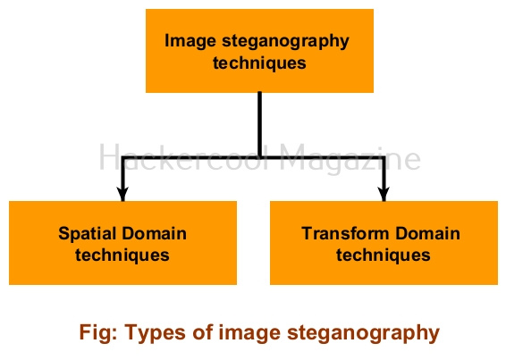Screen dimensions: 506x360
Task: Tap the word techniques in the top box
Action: coord(259,63)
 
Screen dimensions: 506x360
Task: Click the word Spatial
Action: coord(87,234)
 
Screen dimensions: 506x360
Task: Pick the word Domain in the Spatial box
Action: coord(155,233)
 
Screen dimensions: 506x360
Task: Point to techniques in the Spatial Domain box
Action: coord(122,255)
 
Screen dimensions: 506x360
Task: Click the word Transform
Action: coord(345,233)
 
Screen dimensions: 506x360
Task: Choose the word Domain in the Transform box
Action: coord(428,233)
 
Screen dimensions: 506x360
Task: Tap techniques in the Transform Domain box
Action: coord(384,255)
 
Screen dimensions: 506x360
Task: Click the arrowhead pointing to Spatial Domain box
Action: coord(122,194)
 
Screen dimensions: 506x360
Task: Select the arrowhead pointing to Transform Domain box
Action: coord(384,194)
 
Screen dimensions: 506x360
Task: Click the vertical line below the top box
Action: coord(259,125)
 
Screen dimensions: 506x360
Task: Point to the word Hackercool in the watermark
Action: coord(183,158)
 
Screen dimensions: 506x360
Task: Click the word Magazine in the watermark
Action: coord(350,159)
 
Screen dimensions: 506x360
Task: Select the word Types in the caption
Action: coord(155,333)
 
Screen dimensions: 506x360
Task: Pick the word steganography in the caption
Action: coord(363,334)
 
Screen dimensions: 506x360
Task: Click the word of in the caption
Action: coord(203,332)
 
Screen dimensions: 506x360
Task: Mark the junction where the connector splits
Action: coord(259,157)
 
